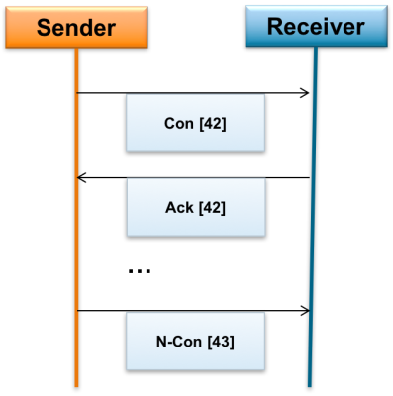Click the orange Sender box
click(76, 26)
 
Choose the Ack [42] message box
click(194, 209)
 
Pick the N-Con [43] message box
click(194, 343)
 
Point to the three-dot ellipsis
click(140, 270)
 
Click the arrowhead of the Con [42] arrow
click(305, 94)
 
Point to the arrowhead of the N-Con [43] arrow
click(305, 310)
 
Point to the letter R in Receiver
click(273, 27)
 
